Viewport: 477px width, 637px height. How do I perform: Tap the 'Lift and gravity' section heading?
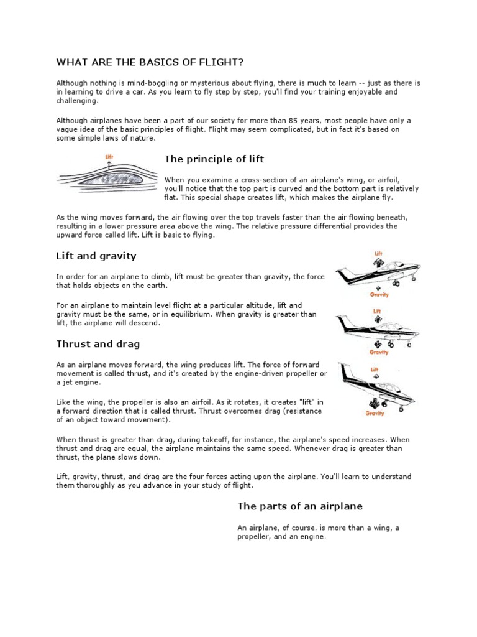[x=96, y=256]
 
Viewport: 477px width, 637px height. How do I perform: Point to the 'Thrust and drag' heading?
[x=98, y=343]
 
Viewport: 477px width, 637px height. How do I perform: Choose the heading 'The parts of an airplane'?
[x=300, y=506]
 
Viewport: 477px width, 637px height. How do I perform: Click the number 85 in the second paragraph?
[x=322, y=121]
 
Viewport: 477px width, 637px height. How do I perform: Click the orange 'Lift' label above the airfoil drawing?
[x=109, y=157]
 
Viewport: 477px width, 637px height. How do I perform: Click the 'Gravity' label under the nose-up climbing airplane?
[x=379, y=295]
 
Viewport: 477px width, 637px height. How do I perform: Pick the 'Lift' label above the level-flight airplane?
[x=377, y=311]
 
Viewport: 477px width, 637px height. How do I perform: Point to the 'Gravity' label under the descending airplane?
[x=375, y=412]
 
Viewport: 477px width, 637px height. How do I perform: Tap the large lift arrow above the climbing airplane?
[x=378, y=264]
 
